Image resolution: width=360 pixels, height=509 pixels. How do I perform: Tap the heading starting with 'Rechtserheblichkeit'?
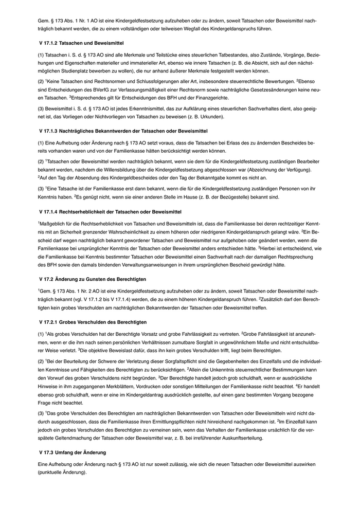point(110,212)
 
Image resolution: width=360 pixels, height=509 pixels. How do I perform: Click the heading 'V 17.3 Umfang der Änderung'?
point(73,452)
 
